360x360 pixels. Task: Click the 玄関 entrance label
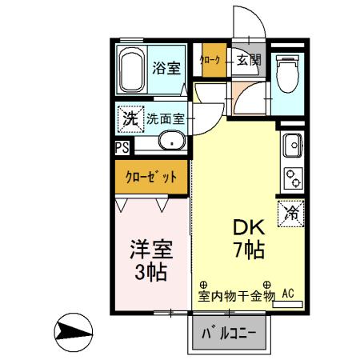coord(249,59)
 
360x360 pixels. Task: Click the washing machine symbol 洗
coord(129,118)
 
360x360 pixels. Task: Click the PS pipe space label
coord(122,147)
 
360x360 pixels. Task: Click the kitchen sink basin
coord(290,147)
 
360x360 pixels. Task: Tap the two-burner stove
coord(290,178)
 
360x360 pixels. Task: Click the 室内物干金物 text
coord(237,295)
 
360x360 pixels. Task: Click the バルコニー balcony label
coord(229,332)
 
